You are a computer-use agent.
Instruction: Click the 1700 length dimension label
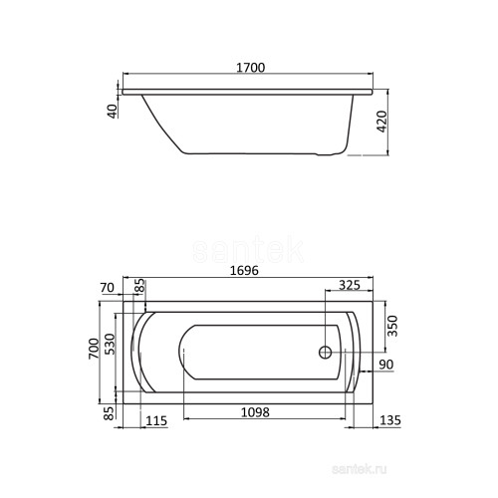(251, 68)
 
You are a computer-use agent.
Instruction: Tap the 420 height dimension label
(382, 122)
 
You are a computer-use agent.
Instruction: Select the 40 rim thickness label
(114, 112)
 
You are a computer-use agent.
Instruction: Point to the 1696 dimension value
(244, 271)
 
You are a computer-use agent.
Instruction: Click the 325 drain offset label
(350, 285)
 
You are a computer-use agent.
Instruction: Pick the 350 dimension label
(392, 326)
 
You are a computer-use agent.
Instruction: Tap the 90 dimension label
(386, 365)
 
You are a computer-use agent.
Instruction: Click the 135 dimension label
(390, 420)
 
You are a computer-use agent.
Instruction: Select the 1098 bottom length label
(255, 412)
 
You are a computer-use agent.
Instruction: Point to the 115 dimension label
(156, 421)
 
